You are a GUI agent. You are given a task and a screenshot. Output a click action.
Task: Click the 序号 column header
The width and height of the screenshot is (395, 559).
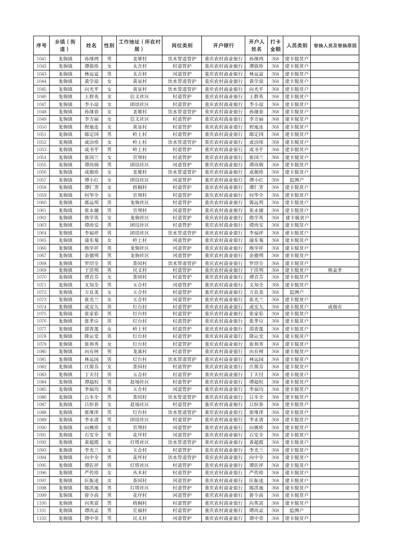[42, 46]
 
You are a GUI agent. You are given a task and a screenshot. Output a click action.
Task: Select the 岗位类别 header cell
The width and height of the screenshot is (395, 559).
[182, 46]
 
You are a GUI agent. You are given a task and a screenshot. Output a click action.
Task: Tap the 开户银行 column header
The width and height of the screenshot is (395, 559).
[223, 46]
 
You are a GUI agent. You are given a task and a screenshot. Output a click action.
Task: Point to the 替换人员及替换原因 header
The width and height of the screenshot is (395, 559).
[335, 46]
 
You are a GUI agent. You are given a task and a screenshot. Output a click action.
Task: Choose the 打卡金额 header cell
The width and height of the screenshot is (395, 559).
[275, 46]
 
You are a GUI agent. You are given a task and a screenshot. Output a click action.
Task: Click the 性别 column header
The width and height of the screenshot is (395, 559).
[109, 46]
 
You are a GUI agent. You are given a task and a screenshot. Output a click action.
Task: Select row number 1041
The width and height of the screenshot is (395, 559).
[42, 59]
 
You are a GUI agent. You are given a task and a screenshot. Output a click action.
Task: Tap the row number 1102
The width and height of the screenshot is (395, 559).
[42, 518]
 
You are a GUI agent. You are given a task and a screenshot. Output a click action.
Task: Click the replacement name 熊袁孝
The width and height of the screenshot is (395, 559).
[335, 270]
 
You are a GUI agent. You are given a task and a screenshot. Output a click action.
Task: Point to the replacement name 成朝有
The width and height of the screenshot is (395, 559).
[335, 307]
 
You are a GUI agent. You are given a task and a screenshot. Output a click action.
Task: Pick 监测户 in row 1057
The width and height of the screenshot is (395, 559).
[296, 180]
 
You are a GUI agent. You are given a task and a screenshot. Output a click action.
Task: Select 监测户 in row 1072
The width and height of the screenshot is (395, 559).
[296, 292]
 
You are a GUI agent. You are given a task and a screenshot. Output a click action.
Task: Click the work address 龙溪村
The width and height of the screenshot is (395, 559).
[139, 352]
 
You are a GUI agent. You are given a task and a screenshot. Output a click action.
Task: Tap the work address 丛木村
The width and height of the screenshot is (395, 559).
[139, 473]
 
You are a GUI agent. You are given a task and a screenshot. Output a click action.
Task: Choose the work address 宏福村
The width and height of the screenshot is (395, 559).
[139, 510]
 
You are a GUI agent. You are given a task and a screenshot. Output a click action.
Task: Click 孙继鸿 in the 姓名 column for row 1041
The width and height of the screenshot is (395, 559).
[91, 59]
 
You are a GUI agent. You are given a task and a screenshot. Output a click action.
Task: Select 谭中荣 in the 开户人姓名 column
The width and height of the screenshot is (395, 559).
[256, 518]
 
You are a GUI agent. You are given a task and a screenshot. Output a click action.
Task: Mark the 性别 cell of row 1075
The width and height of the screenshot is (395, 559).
[109, 314]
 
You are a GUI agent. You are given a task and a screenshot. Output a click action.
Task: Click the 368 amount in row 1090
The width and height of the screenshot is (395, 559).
[275, 427]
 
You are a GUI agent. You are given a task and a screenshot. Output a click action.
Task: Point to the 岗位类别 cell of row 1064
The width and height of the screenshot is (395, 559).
[182, 233]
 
